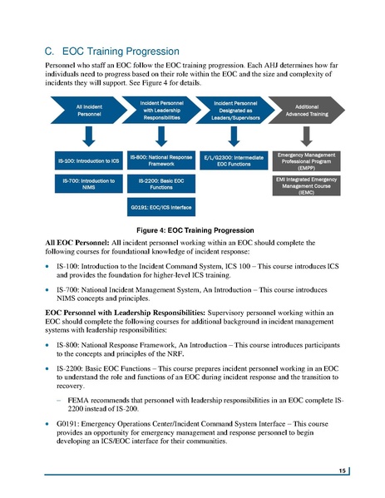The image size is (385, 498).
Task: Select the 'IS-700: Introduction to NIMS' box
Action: pos(89,182)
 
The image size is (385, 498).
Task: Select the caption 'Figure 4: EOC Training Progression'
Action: pos(192,228)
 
